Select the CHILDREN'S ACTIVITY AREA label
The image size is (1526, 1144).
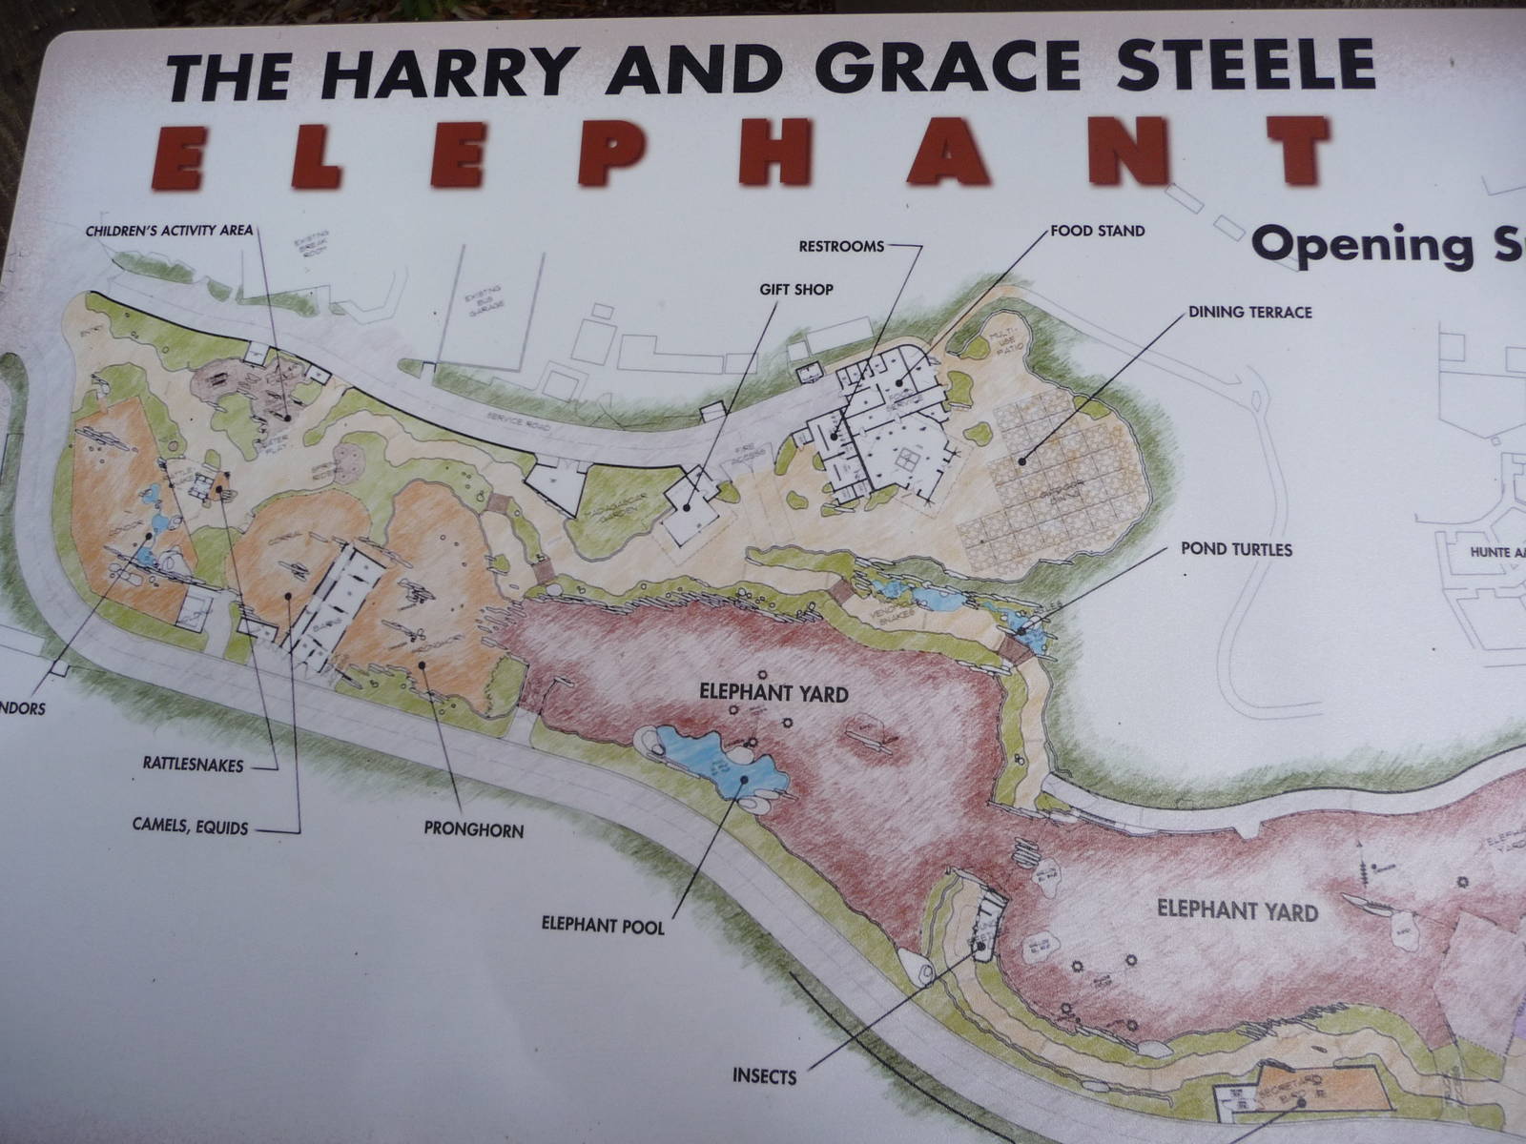click(x=169, y=231)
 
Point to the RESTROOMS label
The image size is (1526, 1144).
click(x=841, y=246)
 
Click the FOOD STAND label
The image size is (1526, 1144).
click(x=1097, y=231)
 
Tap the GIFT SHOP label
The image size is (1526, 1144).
click(x=796, y=289)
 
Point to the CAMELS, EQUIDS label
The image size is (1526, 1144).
click(x=190, y=827)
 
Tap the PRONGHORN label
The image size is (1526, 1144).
click(x=473, y=830)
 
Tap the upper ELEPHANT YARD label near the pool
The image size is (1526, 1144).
click(x=773, y=693)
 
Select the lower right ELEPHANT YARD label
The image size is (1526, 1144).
click(x=1237, y=910)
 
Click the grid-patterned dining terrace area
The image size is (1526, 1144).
click(x=1049, y=486)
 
